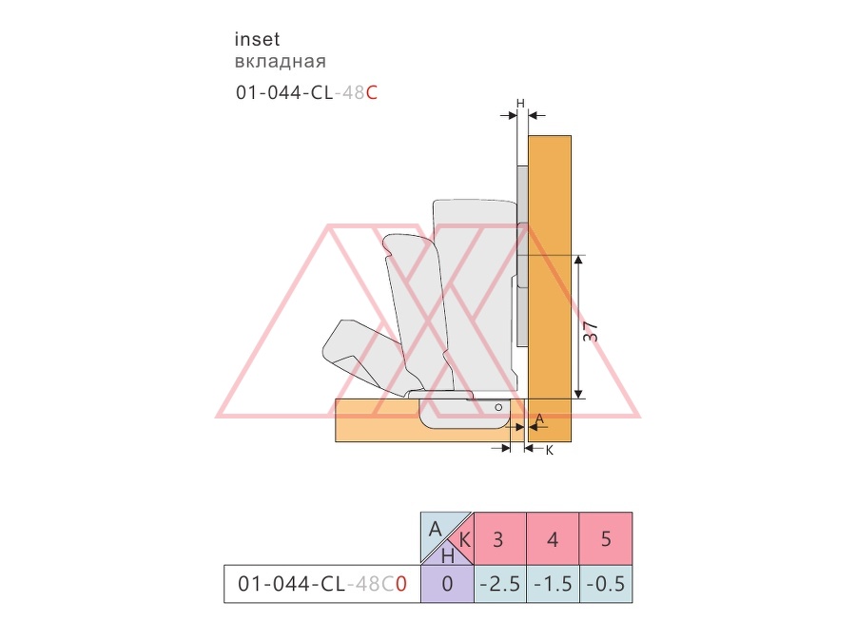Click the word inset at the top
pyautogui.click(x=257, y=39)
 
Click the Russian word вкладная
pyautogui.click(x=280, y=61)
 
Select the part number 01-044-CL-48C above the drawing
pyautogui.click(x=306, y=93)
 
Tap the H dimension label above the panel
pyautogui.click(x=520, y=103)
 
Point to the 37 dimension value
pyautogui.click(x=591, y=332)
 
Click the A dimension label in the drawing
pyautogui.click(x=539, y=418)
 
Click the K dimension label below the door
pyautogui.click(x=550, y=451)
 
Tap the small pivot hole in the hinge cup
pyautogui.click(x=498, y=407)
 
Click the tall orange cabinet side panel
pyautogui.click(x=550, y=288)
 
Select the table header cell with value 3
pyautogui.click(x=499, y=538)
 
